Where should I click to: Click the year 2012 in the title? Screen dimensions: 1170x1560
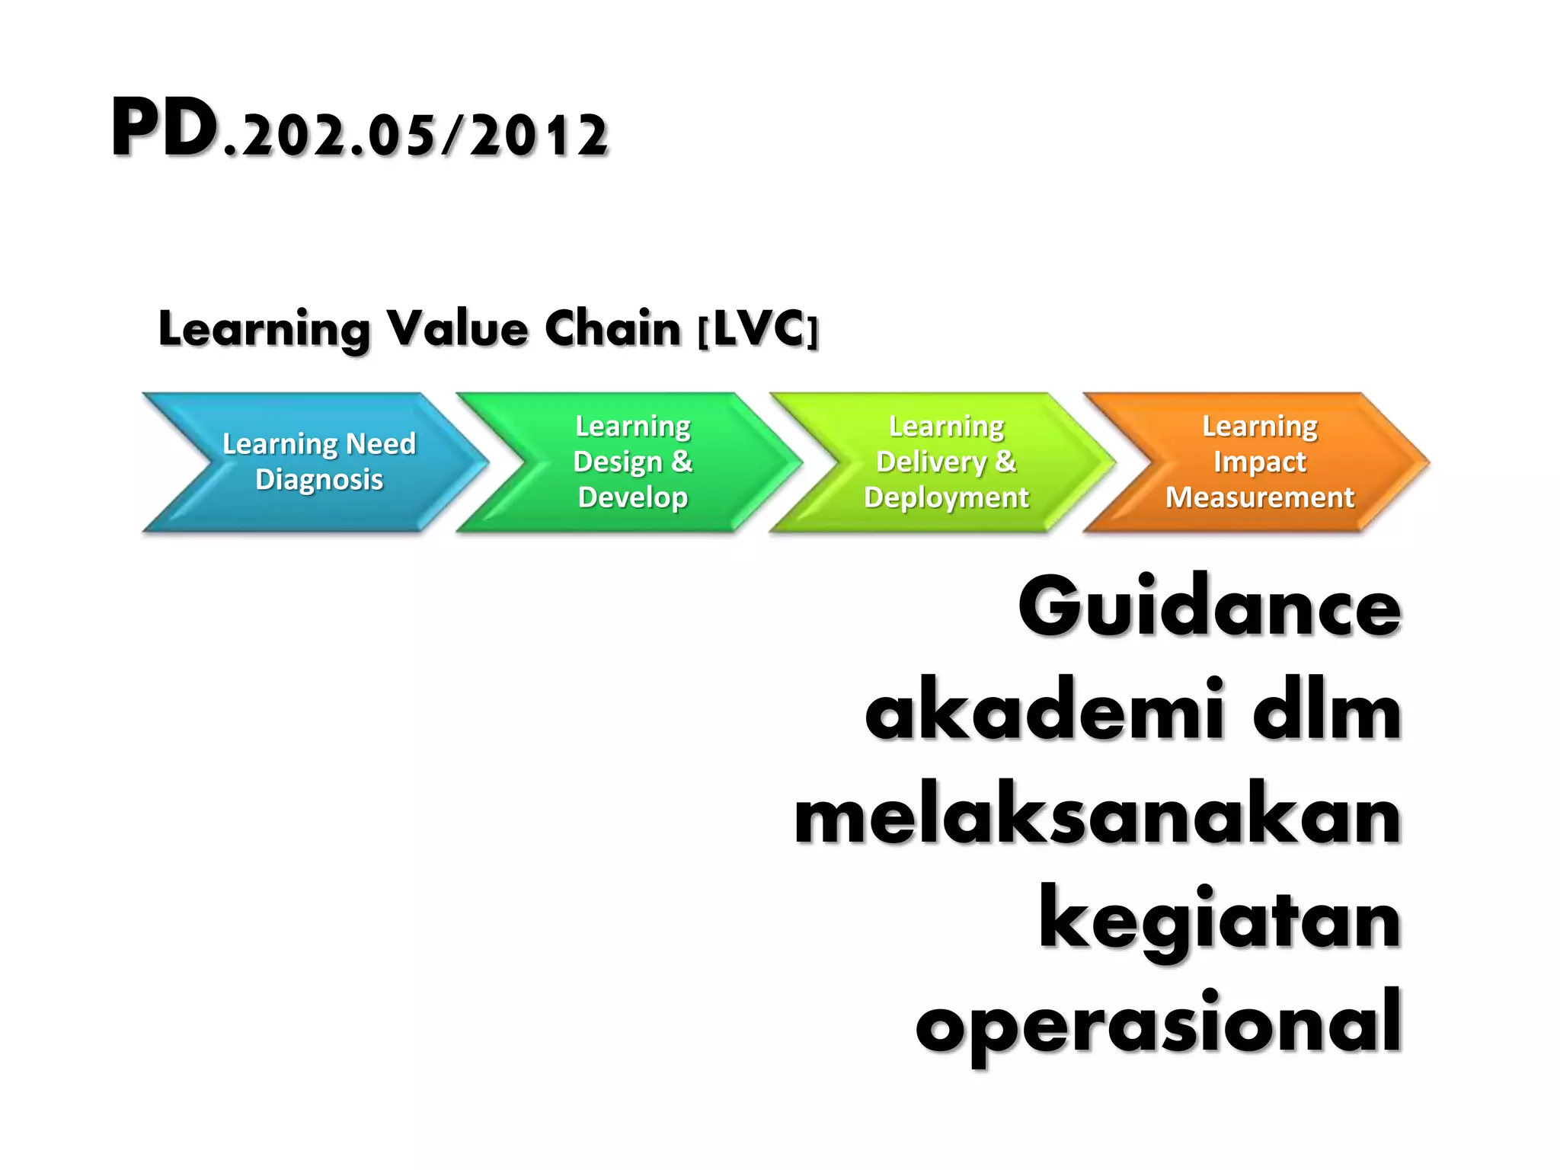(539, 137)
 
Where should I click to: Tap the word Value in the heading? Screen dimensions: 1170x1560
(457, 329)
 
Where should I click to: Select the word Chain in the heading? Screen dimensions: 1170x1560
(612, 329)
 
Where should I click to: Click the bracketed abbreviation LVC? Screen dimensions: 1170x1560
(759, 329)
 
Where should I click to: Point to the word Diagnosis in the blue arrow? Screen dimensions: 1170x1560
(319, 480)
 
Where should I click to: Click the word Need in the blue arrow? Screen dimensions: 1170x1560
(380, 443)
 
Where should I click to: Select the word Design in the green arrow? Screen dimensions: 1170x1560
(617, 462)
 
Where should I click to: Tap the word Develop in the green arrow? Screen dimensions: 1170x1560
(632, 497)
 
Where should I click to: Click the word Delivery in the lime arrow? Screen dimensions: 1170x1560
(931, 462)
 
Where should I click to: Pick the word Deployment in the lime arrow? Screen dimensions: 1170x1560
(946, 497)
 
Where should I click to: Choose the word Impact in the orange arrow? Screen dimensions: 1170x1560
(1259, 462)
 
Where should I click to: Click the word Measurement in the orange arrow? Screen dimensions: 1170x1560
(1259, 497)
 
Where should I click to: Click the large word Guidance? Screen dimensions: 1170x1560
(1209, 607)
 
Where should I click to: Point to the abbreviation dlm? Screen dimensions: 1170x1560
(1326, 711)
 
